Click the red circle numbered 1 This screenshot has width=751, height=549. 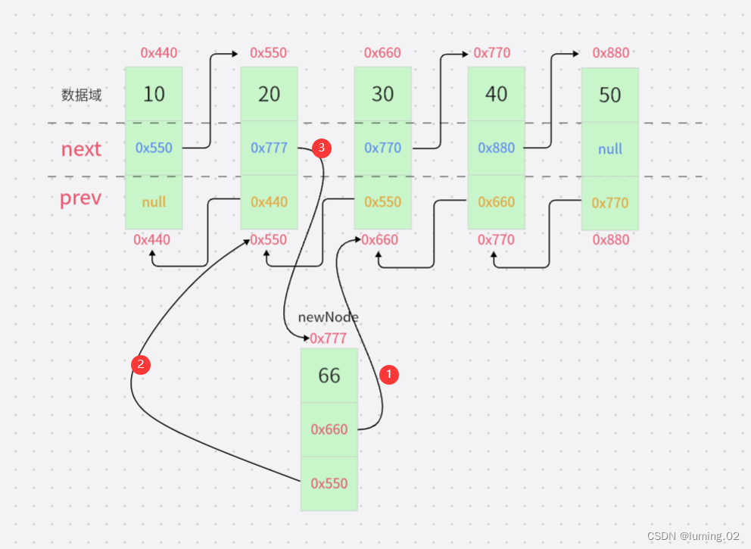click(x=389, y=374)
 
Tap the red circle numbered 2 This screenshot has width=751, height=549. click(x=141, y=364)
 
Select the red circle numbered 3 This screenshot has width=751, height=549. click(x=322, y=148)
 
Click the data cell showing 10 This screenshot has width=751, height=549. click(x=154, y=94)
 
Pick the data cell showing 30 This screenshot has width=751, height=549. click(x=382, y=94)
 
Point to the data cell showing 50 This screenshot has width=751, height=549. click(x=609, y=95)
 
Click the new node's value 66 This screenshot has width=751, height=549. click(x=329, y=376)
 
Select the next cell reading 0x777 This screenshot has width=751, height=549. click(x=270, y=148)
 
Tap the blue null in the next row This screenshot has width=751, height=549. click(x=609, y=149)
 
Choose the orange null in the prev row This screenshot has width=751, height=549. click(x=154, y=202)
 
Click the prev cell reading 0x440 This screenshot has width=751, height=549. click(x=270, y=202)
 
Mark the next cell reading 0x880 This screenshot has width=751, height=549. click(x=496, y=148)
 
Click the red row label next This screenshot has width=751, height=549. click(x=81, y=149)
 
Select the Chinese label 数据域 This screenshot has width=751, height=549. click(x=82, y=95)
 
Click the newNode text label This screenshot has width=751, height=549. click(x=328, y=317)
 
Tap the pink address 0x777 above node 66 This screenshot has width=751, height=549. click(x=328, y=338)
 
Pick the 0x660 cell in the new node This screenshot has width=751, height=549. click(x=329, y=429)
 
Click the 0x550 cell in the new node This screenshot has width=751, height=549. click(x=329, y=484)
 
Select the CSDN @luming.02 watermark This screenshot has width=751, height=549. click(x=693, y=535)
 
